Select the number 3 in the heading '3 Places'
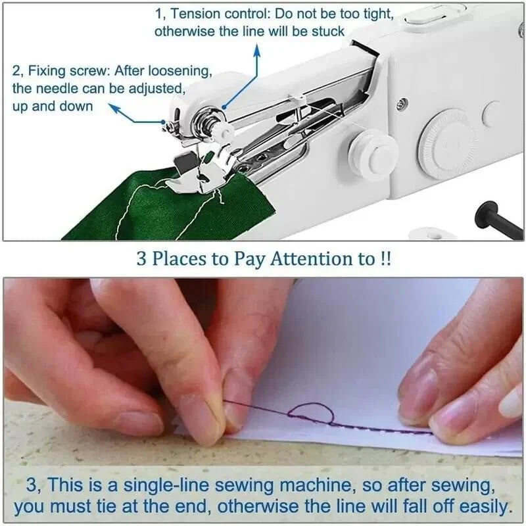click(141, 258)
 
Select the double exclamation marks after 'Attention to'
click(385, 258)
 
